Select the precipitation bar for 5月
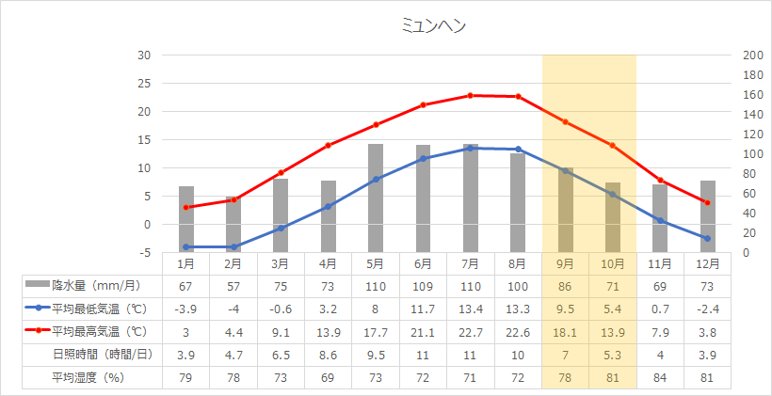click(376, 198)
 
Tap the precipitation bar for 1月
click(186, 219)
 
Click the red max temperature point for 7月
click(471, 95)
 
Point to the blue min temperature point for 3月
click(281, 229)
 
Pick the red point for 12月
click(707, 202)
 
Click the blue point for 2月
click(233, 247)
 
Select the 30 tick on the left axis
click(144, 55)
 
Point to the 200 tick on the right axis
click(752, 55)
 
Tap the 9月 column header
click(565, 264)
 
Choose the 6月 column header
click(423, 264)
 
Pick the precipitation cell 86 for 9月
click(565, 284)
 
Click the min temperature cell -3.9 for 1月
click(186, 308)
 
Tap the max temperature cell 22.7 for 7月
click(471, 331)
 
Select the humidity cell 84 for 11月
click(660, 378)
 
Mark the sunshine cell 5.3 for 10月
click(612, 355)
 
